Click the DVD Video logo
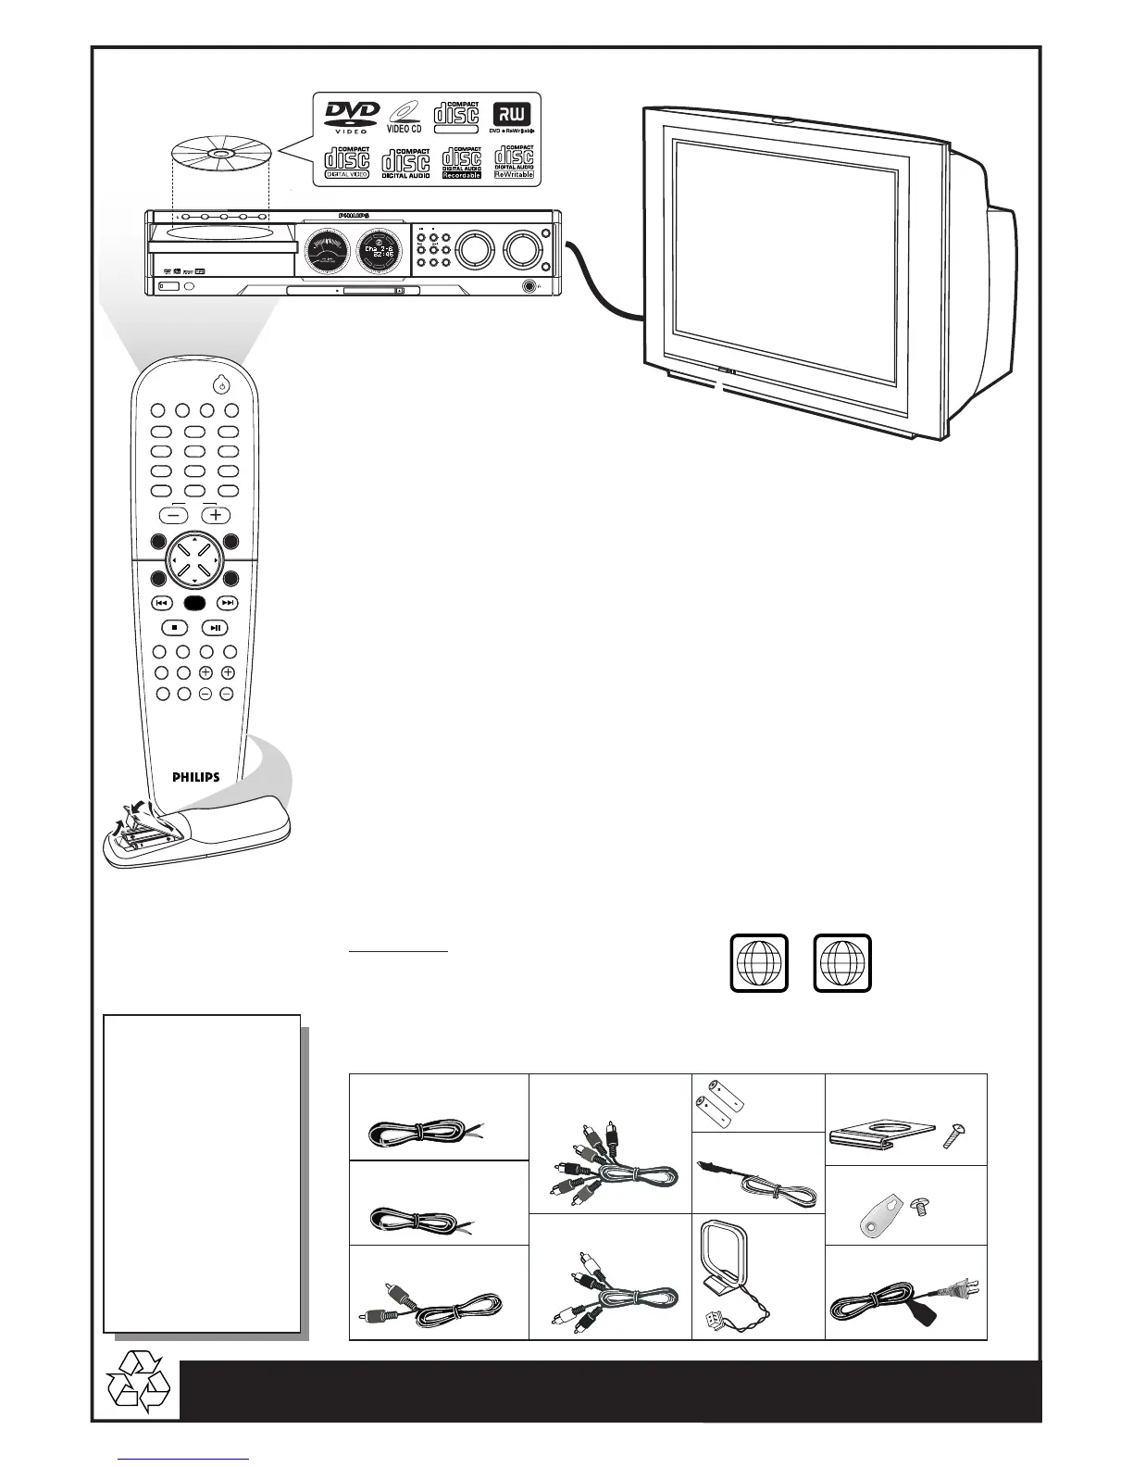351,116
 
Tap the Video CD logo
405,116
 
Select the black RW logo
512,114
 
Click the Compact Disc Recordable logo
461,162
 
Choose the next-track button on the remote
228,603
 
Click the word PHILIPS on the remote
195,777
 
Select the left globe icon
759,964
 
